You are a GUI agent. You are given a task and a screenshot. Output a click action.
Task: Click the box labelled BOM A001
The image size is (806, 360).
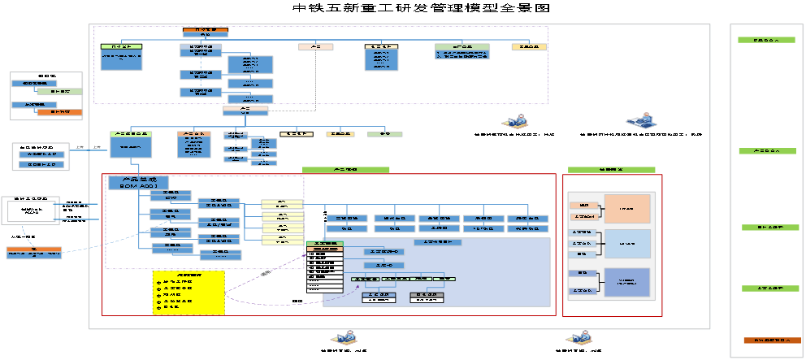point(138,184)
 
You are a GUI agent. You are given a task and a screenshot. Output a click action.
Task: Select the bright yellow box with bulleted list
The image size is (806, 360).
point(188,293)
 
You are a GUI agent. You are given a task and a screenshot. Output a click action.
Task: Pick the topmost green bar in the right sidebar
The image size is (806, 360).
point(766,40)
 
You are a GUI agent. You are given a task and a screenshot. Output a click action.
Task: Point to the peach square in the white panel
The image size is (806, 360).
point(626,209)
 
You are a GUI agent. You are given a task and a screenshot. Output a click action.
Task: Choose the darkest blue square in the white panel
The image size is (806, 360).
point(626,282)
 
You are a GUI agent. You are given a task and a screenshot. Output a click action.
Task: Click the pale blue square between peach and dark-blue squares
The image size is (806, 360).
point(626,244)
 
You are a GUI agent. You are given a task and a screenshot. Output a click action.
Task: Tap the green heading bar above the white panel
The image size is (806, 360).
point(611,170)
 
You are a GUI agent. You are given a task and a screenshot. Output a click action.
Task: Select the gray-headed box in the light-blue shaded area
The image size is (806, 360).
point(438,242)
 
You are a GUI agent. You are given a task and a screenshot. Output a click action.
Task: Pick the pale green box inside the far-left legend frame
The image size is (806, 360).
point(59,92)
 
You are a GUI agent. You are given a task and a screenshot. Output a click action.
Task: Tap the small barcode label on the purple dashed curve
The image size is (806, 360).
point(266,274)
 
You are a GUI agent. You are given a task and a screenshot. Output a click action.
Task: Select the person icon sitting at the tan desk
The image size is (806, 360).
point(515,122)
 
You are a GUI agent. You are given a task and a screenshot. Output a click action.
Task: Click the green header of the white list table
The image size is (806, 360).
point(325,244)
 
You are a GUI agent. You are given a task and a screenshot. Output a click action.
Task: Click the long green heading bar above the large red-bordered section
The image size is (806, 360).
point(346,170)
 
